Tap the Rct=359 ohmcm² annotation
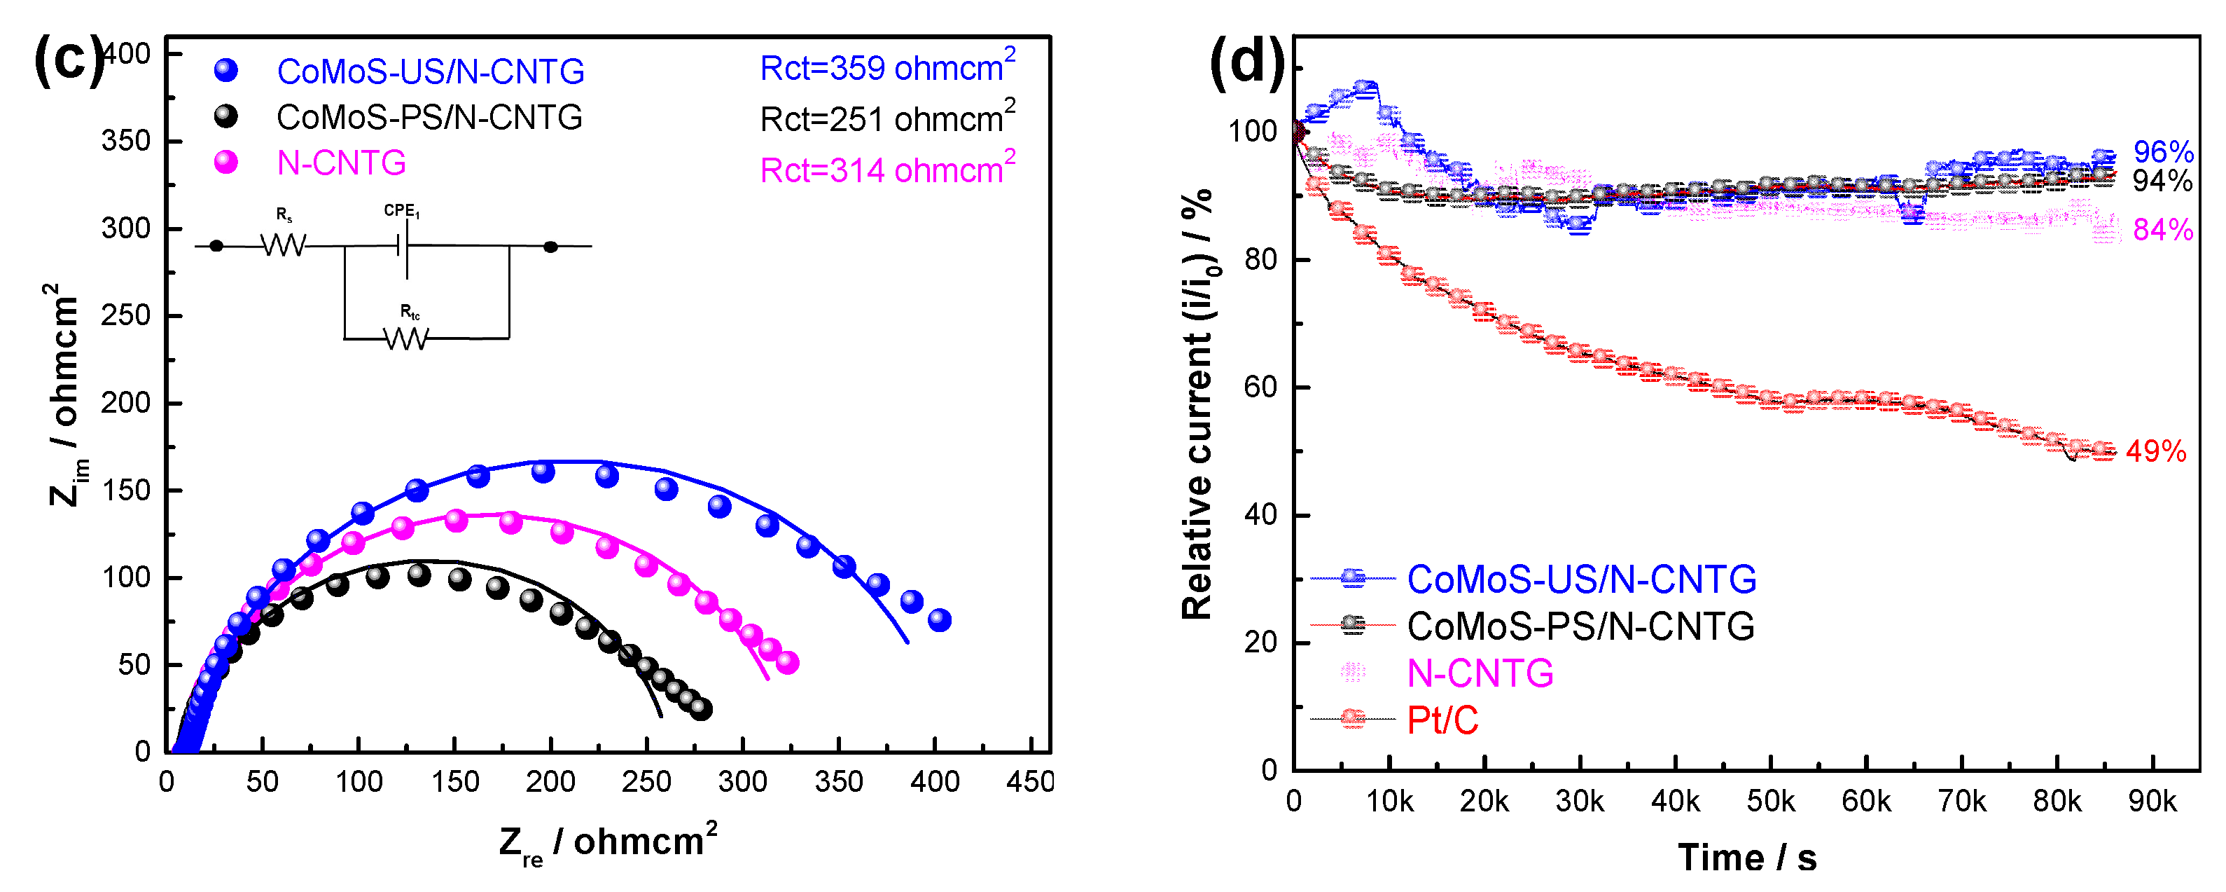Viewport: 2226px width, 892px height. point(886,67)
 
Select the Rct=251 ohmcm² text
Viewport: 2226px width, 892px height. point(886,118)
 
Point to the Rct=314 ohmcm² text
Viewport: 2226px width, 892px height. point(886,170)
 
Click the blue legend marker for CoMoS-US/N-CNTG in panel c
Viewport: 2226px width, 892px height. point(226,70)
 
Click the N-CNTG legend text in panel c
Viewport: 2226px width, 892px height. point(341,163)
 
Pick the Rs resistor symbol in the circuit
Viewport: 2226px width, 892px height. point(284,245)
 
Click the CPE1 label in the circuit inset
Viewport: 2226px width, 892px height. point(402,210)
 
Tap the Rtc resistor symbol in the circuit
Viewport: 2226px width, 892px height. point(405,338)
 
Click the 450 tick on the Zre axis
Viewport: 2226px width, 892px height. point(1029,782)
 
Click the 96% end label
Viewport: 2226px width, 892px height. point(2162,152)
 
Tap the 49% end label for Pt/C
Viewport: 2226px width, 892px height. point(2155,451)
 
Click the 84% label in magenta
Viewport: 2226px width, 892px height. point(2162,230)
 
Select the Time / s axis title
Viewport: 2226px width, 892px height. point(1746,858)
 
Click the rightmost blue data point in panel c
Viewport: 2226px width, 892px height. point(939,619)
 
